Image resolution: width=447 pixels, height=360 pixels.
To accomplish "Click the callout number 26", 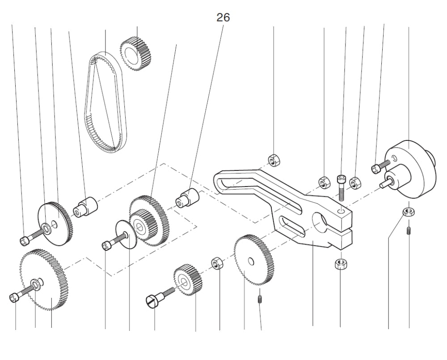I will pyautogui.click(x=223, y=17).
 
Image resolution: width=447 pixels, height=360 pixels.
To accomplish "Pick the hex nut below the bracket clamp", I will pyautogui.click(x=340, y=263).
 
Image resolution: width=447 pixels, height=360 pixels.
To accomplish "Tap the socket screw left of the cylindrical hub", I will pyautogui.click(x=376, y=168).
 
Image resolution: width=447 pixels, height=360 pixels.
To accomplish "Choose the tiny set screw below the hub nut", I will pyautogui.click(x=409, y=231).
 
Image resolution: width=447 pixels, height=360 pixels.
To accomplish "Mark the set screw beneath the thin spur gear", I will pyautogui.click(x=260, y=297).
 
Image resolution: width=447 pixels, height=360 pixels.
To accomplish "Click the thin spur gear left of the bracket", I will pyautogui.click(x=254, y=259).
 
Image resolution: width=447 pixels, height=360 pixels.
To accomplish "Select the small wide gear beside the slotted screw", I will pyautogui.click(x=188, y=280).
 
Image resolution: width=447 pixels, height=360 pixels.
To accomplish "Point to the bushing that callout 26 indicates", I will pyautogui.click(x=188, y=198).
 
